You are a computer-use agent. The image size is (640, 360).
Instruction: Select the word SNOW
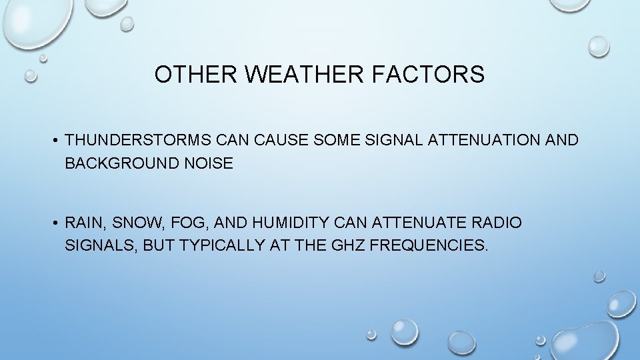(133, 223)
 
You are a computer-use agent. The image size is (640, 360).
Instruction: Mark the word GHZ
(347, 245)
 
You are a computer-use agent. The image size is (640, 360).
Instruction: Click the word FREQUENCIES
(429, 245)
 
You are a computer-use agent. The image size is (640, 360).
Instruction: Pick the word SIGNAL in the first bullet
(393, 141)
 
